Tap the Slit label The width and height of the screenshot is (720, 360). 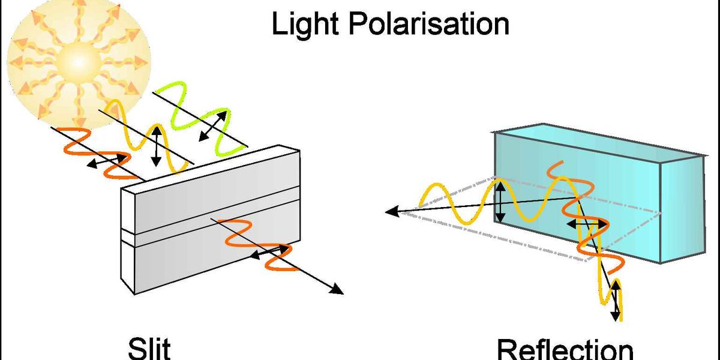[x=149, y=349]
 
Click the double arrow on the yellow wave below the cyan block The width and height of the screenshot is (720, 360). [x=615, y=303]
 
